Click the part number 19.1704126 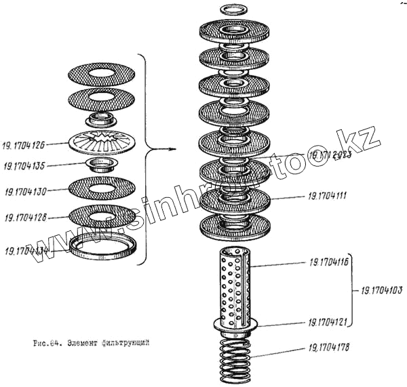(x=26, y=145)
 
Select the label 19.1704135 (x=26, y=165)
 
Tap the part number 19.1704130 (x=26, y=191)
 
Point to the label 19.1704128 (x=26, y=218)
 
